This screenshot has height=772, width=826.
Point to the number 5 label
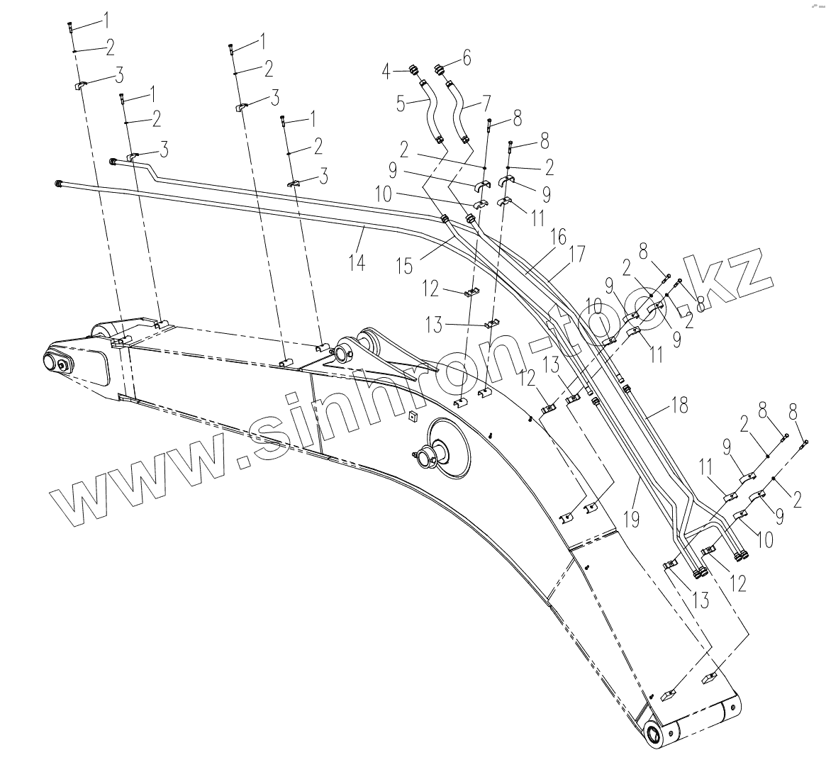(x=401, y=104)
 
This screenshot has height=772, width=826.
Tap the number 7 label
(x=486, y=104)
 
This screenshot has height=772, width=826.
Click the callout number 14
(x=357, y=262)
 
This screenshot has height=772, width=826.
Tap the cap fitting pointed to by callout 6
(x=440, y=69)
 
